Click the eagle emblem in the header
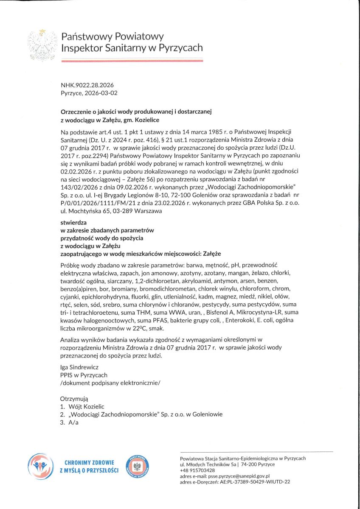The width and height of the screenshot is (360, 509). [42, 44]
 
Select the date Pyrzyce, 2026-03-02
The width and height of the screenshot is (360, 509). [89, 93]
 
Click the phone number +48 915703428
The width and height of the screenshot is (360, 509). [197, 470]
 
